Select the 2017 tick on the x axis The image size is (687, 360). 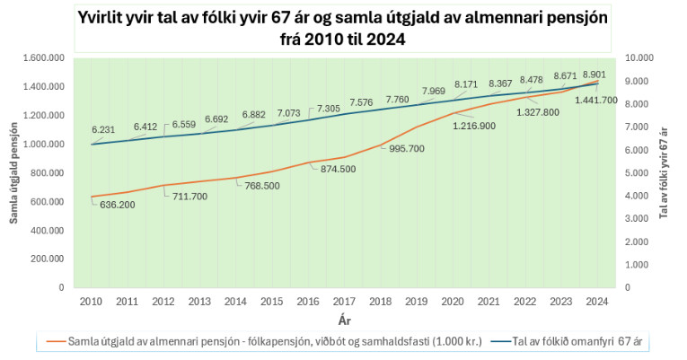point(344,302)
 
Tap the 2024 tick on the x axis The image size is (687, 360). point(596,302)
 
